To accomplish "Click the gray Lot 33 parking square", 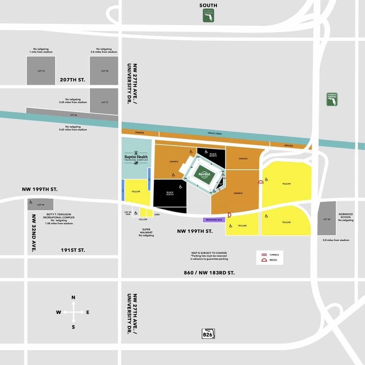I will tap(41, 71).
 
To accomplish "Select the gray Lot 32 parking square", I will tap(104, 71).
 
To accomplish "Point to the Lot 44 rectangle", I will tap(41, 204).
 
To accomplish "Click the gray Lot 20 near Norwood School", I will tap(327, 219).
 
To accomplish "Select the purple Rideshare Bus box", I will tap(214, 220).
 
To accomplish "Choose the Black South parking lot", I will tap(170, 193).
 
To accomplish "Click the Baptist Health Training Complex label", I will tap(136, 158).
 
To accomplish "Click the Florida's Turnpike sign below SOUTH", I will tap(208, 16).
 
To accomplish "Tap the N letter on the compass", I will tap(73, 297).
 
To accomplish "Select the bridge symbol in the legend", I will tap(264, 260).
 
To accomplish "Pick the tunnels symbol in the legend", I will tap(264, 255).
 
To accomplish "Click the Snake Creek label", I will tap(215, 133).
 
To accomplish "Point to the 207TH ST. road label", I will tap(72, 80).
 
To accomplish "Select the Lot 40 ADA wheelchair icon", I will tap(136, 213).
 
